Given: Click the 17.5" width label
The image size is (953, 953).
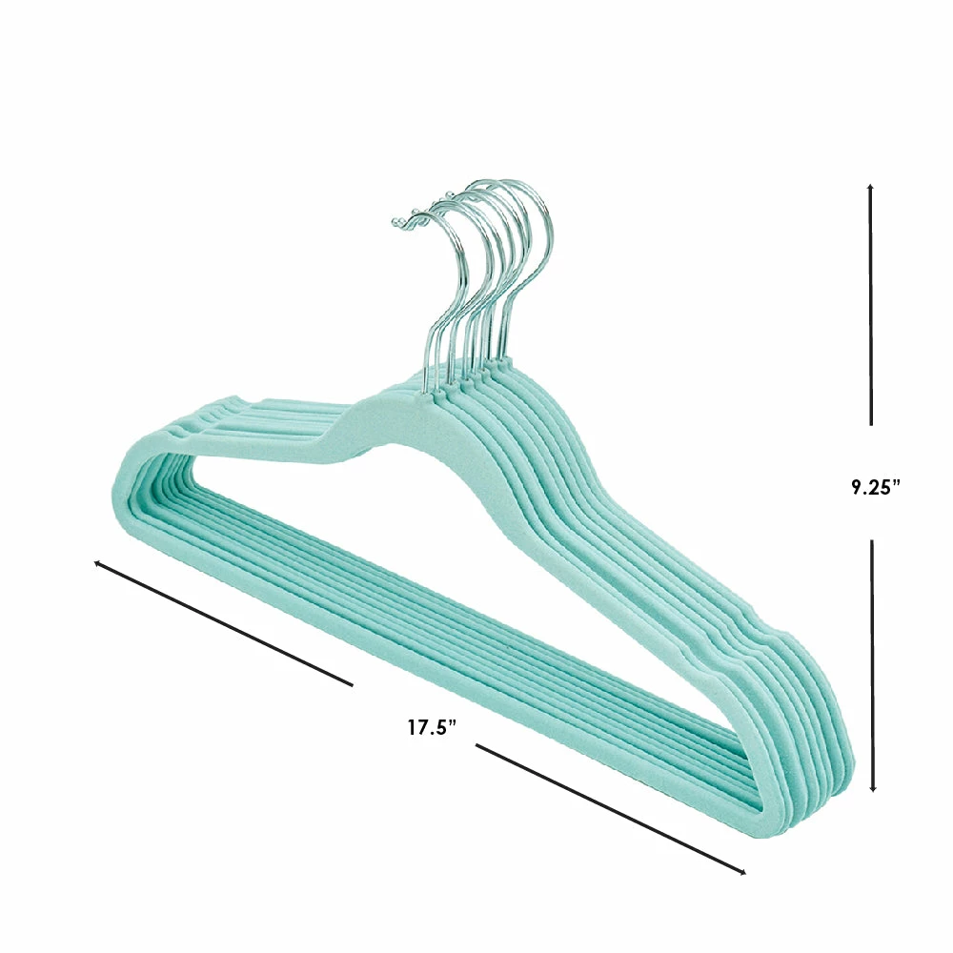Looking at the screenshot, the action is tap(432, 727).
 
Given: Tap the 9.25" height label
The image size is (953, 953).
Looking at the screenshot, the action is tap(876, 487).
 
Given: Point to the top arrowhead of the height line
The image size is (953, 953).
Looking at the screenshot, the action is tap(870, 187).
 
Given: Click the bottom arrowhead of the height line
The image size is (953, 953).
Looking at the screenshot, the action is tap(873, 788).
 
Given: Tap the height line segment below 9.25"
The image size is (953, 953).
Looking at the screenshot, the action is tap(873, 665).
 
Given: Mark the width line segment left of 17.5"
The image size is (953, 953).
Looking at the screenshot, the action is tap(223, 623).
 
